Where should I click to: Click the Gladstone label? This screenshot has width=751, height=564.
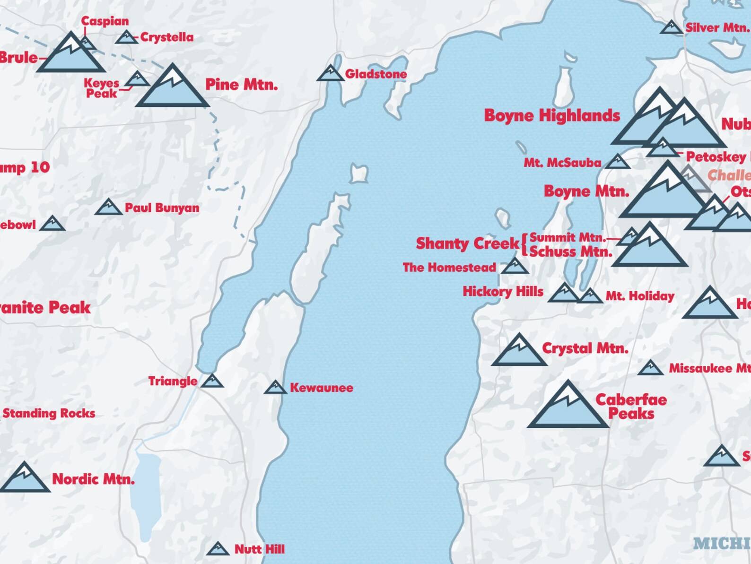point(375,74)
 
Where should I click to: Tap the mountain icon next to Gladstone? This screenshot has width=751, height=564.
point(330,74)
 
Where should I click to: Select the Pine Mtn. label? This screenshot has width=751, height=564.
point(241,85)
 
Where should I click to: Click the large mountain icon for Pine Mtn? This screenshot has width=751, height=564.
point(172,88)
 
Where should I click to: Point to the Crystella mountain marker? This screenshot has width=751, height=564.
point(126,37)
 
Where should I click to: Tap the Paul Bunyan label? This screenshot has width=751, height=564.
point(162,208)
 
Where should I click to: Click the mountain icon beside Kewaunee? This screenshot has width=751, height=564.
point(275,388)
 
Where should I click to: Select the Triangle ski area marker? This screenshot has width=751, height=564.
point(212,381)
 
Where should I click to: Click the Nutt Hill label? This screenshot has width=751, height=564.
point(260,549)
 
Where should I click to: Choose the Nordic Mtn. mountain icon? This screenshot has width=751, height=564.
point(24,478)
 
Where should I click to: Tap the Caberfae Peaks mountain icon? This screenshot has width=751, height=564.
point(568,407)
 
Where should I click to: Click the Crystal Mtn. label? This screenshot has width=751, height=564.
point(585,349)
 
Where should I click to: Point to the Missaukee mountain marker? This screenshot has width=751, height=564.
point(650,368)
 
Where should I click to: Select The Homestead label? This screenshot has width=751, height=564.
point(449,268)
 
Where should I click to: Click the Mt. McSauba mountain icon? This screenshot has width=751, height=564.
point(617,162)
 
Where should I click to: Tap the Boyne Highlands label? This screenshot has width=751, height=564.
point(552,116)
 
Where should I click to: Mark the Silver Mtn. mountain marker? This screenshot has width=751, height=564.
point(671,28)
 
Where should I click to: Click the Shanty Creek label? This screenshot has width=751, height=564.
point(467,243)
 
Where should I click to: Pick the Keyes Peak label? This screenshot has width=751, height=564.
point(101,88)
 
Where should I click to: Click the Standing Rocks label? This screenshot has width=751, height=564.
point(49,414)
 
